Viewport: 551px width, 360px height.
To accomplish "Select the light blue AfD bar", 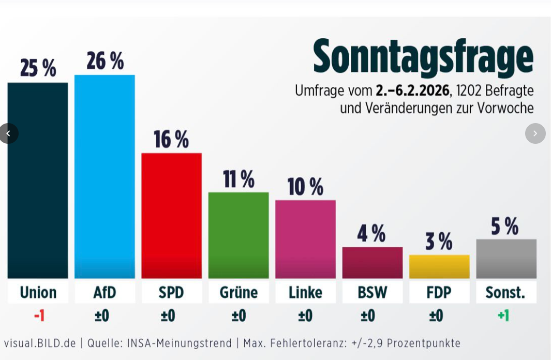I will pos(105,176).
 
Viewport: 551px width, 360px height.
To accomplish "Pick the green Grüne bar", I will pos(239,235).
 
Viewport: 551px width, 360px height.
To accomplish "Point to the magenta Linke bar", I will pos(305,239).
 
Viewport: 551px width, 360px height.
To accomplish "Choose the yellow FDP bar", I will pos(439,266).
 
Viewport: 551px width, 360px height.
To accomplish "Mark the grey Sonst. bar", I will pos(506,259).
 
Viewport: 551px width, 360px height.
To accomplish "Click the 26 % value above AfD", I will pos(105,61).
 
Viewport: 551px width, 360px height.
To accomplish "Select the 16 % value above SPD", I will pos(171,139).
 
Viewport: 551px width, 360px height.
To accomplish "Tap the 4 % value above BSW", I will pos(371,234).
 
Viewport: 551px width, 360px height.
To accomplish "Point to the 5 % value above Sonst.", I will pos(505,226).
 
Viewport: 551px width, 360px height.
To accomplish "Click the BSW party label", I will pos(373,293).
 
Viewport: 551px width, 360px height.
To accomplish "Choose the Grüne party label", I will pos(239,293).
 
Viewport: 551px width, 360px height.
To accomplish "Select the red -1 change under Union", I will pos(39,316).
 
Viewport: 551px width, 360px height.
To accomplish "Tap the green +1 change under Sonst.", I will pos(503,316).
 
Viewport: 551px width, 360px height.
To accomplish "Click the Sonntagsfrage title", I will pos(423,57).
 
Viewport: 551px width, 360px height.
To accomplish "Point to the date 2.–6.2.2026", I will pos(412,91).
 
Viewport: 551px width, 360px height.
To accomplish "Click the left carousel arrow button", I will pos(8,133).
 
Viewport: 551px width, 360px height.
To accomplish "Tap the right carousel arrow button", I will pos(535,133).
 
